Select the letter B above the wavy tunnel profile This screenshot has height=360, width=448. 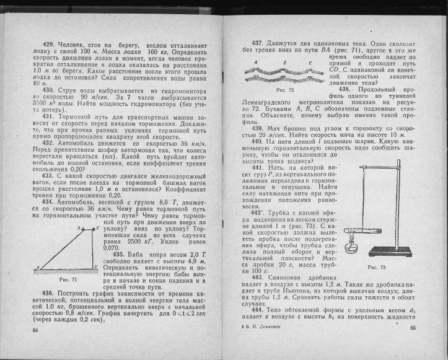[284, 63]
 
